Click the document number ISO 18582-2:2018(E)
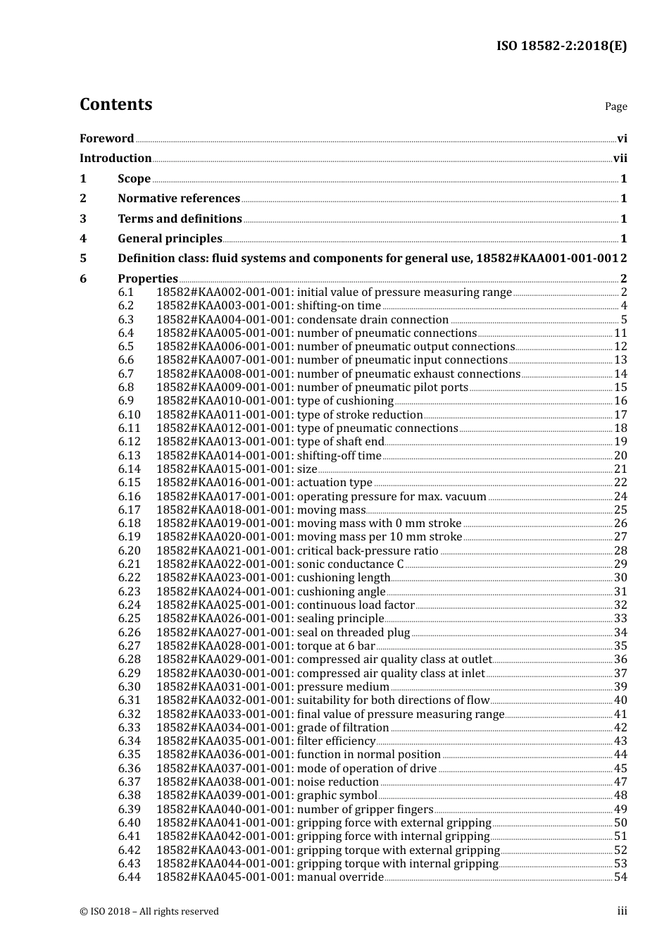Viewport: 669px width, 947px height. pos(561,47)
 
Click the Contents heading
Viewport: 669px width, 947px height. pos(115,104)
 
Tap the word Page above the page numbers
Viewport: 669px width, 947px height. pos(615,106)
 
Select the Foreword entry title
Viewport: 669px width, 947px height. pos(106,139)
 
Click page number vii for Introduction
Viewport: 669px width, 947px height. pos(620,159)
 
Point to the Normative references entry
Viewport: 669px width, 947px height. pos(179,199)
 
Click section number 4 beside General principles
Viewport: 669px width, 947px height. pos(83,239)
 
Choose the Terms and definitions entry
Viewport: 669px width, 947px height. pos(180,219)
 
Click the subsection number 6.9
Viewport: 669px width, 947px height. pos(125,401)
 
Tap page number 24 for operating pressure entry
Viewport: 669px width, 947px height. pos(620,497)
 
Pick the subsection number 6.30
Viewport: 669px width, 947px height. pos(129,687)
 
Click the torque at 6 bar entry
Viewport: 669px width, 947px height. pos(265,646)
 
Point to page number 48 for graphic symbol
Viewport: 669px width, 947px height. pos(620,796)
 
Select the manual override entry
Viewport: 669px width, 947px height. pos(270,877)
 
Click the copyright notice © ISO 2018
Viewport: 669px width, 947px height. pos(149,912)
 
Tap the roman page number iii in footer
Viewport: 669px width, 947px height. pos(622,911)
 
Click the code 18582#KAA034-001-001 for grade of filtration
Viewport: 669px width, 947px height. pos(224,728)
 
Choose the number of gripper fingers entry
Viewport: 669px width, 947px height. pos(294,810)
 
